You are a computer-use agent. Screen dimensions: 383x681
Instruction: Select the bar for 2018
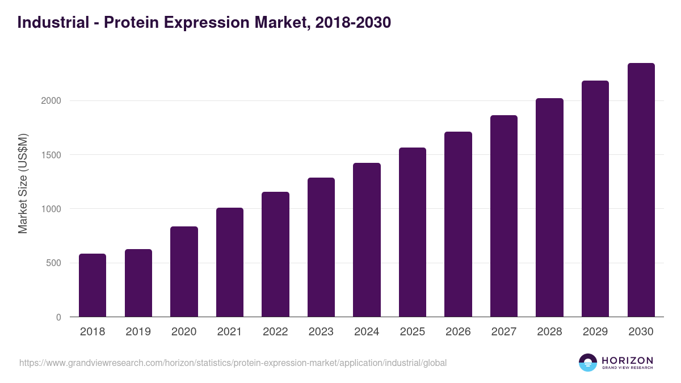coord(93,285)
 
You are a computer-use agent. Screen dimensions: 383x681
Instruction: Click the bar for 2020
coord(184,272)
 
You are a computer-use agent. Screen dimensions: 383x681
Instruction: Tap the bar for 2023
coord(321,247)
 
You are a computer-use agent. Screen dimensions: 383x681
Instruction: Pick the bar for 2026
coord(458,224)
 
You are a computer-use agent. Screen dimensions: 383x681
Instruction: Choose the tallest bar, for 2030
coord(641,190)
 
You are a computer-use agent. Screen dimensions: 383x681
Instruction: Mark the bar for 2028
coord(549,208)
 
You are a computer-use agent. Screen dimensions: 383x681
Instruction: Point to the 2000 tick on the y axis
coord(50,101)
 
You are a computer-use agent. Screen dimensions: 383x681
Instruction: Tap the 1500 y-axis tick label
coord(50,155)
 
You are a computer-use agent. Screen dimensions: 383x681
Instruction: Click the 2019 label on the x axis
coord(138,332)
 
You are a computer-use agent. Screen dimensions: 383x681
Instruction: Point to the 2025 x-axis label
coord(412,332)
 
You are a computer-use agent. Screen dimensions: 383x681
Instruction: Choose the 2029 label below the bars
coord(595,332)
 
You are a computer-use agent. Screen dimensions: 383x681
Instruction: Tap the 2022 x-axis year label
coord(275,332)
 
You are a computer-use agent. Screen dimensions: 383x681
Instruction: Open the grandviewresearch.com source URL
coord(233,363)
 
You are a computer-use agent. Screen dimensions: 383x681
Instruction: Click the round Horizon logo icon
coord(588,363)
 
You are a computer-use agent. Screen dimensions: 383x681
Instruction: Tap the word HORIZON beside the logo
coord(627,360)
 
